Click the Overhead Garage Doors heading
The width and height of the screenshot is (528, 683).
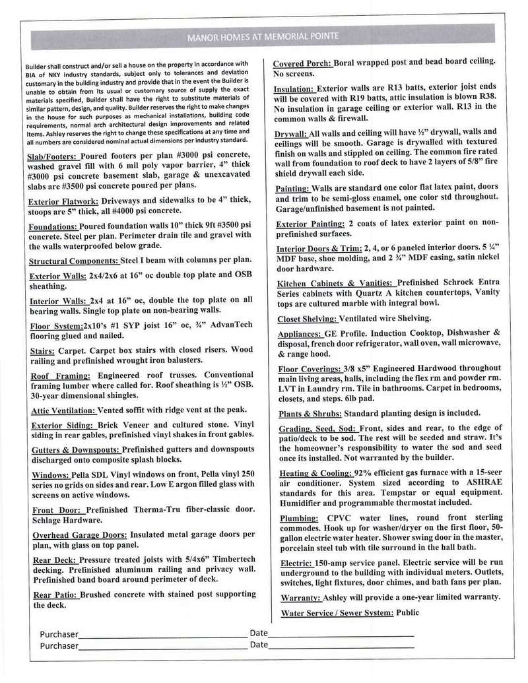[79, 535]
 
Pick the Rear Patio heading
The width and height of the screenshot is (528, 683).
[55, 595]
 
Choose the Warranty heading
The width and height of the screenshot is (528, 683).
[300, 597]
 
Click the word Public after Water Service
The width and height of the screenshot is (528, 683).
[407, 612]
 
